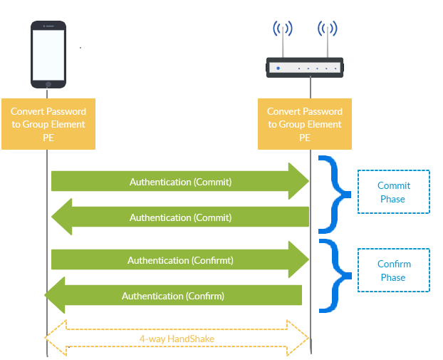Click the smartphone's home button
(48, 84)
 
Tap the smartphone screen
(48, 54)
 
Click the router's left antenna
(283, 39)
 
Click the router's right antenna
(327, 39)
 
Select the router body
(306, 68)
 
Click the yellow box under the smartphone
(48, 124)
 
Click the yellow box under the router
(305, 124)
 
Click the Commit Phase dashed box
(393, 192)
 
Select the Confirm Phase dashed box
(393, 270)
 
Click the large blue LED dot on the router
(278, 68)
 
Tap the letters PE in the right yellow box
(305, 138)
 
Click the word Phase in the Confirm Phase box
(393, 277)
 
